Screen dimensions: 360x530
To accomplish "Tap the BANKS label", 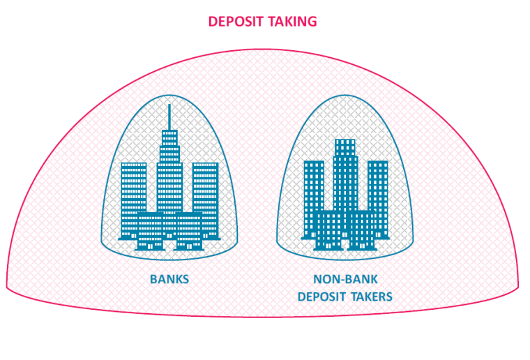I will [169, 280].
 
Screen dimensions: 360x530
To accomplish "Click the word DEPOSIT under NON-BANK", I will [322, 297].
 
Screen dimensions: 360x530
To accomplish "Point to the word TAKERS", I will [371, 297].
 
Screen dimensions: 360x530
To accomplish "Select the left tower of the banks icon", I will [133, 188].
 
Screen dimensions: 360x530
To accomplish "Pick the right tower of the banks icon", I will [205, 188].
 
